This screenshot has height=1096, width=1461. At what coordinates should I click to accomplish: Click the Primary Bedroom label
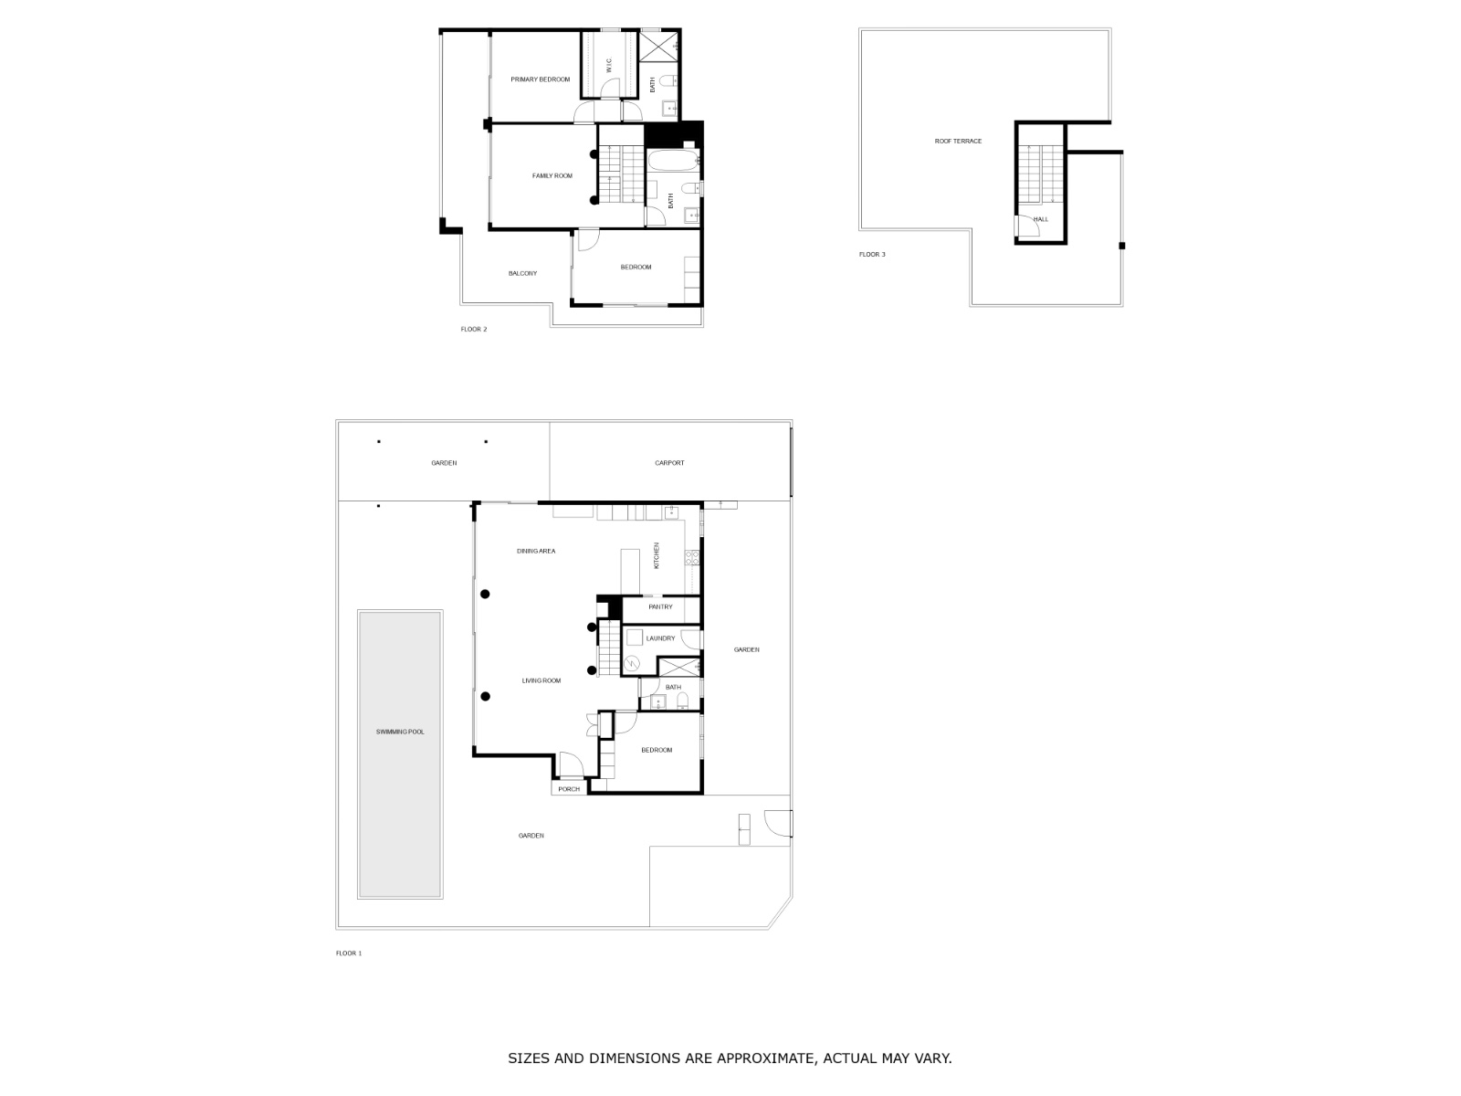(x=540, y=79)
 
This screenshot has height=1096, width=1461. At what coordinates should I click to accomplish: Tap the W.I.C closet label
(x=609, y=65)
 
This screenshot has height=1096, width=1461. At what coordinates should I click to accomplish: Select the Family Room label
(x=552, y=175)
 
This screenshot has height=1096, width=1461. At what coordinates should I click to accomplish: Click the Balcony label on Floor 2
(x=522, y=273)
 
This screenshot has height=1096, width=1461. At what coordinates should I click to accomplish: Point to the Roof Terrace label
(x=958, y=141)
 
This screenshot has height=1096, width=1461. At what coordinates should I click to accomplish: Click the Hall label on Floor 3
(x=1041, y=219)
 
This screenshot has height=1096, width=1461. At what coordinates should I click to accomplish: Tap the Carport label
(x=669, y=463)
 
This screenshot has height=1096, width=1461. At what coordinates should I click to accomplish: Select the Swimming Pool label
(x=400, y=732)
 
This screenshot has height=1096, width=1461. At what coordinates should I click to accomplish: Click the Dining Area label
(x=536, y=551)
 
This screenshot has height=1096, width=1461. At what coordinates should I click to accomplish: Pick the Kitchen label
(x=656, y=555)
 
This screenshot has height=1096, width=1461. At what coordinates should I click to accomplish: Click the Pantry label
(x=660, y=606)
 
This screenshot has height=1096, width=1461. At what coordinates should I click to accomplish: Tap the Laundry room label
(x=660, y=638)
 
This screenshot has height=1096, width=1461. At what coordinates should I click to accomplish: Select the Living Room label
(x=541, y=680)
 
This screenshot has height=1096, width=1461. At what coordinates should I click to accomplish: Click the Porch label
(x=569, y=789)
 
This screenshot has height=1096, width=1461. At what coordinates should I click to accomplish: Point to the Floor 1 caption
(x=349, y=953)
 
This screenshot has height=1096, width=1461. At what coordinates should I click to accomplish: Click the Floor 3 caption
(x=872, y=254)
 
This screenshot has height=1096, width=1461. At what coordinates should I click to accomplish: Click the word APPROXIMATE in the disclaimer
(x=765, y=1059)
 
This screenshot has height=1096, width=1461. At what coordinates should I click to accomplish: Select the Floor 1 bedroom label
(x=657, y=750)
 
